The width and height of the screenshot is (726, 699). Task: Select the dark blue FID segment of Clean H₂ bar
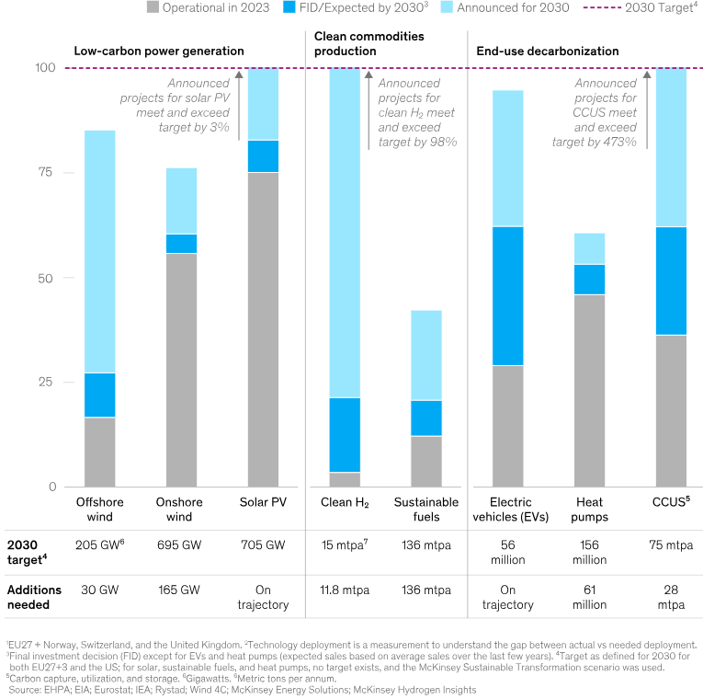(345, 434)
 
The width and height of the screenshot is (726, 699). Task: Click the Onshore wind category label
(181, 510)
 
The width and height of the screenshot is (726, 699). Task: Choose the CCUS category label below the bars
(672, 503)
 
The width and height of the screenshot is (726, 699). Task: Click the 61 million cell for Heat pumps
(589, 596)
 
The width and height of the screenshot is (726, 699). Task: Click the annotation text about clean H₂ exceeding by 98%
(417, 113)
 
